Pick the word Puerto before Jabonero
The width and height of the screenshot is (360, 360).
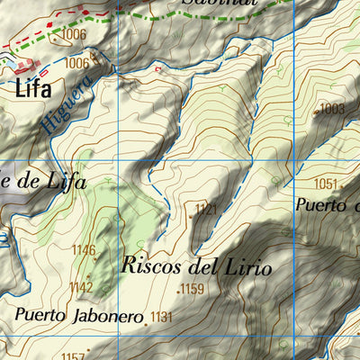click(36, 317)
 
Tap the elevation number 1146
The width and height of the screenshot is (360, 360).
click(84, 250)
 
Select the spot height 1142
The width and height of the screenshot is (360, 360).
click(81, 287)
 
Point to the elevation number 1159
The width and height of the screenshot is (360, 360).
click(193, 290)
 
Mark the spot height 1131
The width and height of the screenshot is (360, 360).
click(161, 316)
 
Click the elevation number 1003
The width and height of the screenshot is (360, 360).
click(332, 108)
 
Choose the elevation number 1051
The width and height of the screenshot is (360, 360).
click(327, 184)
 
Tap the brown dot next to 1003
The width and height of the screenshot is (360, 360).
click(316, 111)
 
